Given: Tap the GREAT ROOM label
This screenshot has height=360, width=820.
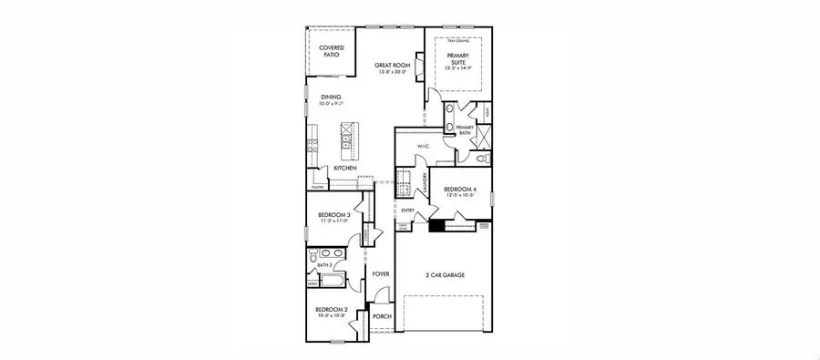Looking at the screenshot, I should [x=394, y=67].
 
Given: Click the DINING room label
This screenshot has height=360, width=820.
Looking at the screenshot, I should [x=331, y=99].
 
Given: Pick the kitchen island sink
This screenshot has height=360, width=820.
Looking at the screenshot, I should [x=347, y=141].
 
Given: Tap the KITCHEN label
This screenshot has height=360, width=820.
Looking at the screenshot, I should [x=344, y=169].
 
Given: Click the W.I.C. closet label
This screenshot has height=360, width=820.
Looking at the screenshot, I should [x=423, y=146].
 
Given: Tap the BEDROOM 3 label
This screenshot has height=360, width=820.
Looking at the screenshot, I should [x=331, y=217].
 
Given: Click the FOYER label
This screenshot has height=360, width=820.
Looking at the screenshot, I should [x=381, y=272].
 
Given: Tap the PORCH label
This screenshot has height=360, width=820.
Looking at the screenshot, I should [x=382, y=316].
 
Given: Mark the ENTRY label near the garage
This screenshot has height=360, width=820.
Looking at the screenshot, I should [x=408, y=211].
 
